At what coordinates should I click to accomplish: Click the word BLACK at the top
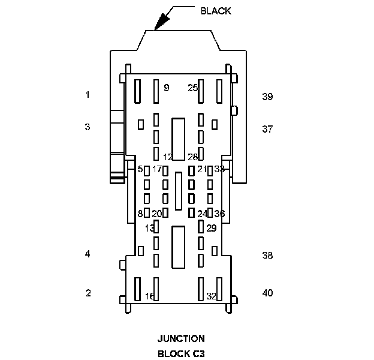215,11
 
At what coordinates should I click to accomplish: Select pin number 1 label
88,95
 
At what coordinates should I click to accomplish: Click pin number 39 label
267,97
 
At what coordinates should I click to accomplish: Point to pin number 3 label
88,127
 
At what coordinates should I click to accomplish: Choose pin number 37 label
267,129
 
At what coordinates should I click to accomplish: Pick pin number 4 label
88,254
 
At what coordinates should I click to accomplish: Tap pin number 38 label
267,255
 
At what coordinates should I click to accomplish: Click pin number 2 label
88,293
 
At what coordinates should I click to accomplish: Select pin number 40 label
267,293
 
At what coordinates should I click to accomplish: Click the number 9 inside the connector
166,88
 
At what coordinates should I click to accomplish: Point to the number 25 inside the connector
192,88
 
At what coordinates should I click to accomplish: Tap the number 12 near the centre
168,157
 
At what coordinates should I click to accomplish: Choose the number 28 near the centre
192,157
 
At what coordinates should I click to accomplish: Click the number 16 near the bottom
150,296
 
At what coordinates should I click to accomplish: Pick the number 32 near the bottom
211,296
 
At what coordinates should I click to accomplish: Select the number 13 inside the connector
149,228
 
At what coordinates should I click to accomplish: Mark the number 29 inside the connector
211,228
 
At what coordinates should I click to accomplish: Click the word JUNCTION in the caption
181,338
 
